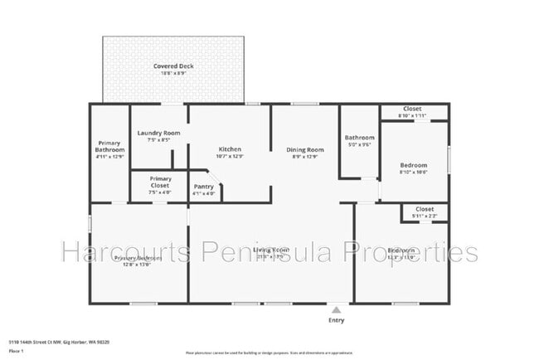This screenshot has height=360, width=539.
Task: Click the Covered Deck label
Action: [173, 66]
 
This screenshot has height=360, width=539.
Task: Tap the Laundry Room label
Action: [159, 133]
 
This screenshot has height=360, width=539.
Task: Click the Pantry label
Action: [204, 187]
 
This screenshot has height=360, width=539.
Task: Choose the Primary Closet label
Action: [161, 182]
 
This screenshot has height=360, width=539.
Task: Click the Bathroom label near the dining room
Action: [359, 138]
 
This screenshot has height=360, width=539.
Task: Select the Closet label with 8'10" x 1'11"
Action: [412, 109]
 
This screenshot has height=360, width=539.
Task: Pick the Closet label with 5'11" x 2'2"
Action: [424, 209]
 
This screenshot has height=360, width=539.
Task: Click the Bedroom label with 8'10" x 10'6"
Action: [413, 165]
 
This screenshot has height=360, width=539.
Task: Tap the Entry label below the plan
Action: [336, 320]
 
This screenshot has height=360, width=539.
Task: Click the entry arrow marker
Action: [336, 309]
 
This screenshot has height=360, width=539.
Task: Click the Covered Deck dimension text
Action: [173, 74]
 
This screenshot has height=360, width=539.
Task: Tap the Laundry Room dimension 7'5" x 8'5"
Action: [159, 140]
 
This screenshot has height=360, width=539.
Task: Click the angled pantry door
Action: [212, 177]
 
